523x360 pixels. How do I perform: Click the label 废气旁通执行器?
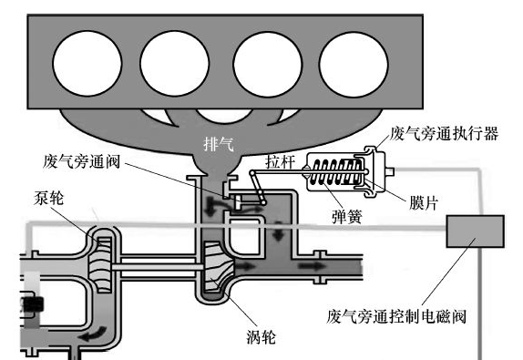click(x=444, y=133)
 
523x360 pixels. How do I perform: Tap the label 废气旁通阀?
click(x=81, y=161)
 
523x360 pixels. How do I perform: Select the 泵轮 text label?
click(x=48, y=198)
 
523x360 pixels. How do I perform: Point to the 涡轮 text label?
click(x=261, y=337)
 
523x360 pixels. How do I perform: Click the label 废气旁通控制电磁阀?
click(x=396, y=316)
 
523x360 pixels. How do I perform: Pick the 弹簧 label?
click(x=347, y=217)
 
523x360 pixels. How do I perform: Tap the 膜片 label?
click(x=424, y=203)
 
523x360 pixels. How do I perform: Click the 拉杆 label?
click(x=281, y=162)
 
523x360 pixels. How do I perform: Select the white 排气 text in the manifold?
click(x=219, y=145)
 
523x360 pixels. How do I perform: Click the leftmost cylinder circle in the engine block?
click(x=87, y=64)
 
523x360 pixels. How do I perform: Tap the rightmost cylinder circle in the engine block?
click(x=354, y=65)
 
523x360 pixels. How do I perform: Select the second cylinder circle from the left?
click(x=174, y=64)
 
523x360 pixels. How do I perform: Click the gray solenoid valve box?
click(x=475, y=231)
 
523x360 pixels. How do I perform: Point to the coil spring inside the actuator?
click(x=336, y=172)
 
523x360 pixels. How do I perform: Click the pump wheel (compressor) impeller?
click(x=99, y=265)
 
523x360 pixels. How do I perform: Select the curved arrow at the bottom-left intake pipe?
click(x=94, y=334)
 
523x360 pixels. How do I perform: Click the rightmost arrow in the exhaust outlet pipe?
click(x=312, y=266)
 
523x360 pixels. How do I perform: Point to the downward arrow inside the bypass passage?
click(x=278, y=231)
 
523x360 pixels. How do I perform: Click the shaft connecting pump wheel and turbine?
click(x=158, y=267)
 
